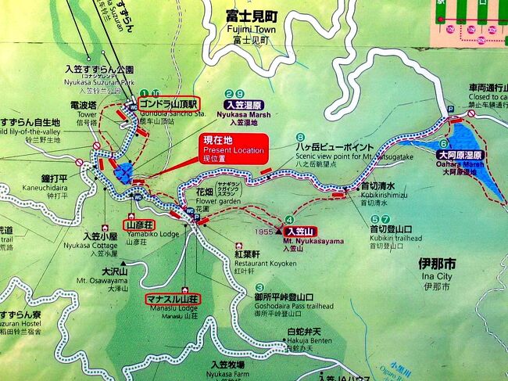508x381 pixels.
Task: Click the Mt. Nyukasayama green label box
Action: point(298,231)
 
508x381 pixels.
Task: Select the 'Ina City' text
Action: point(435,276)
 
